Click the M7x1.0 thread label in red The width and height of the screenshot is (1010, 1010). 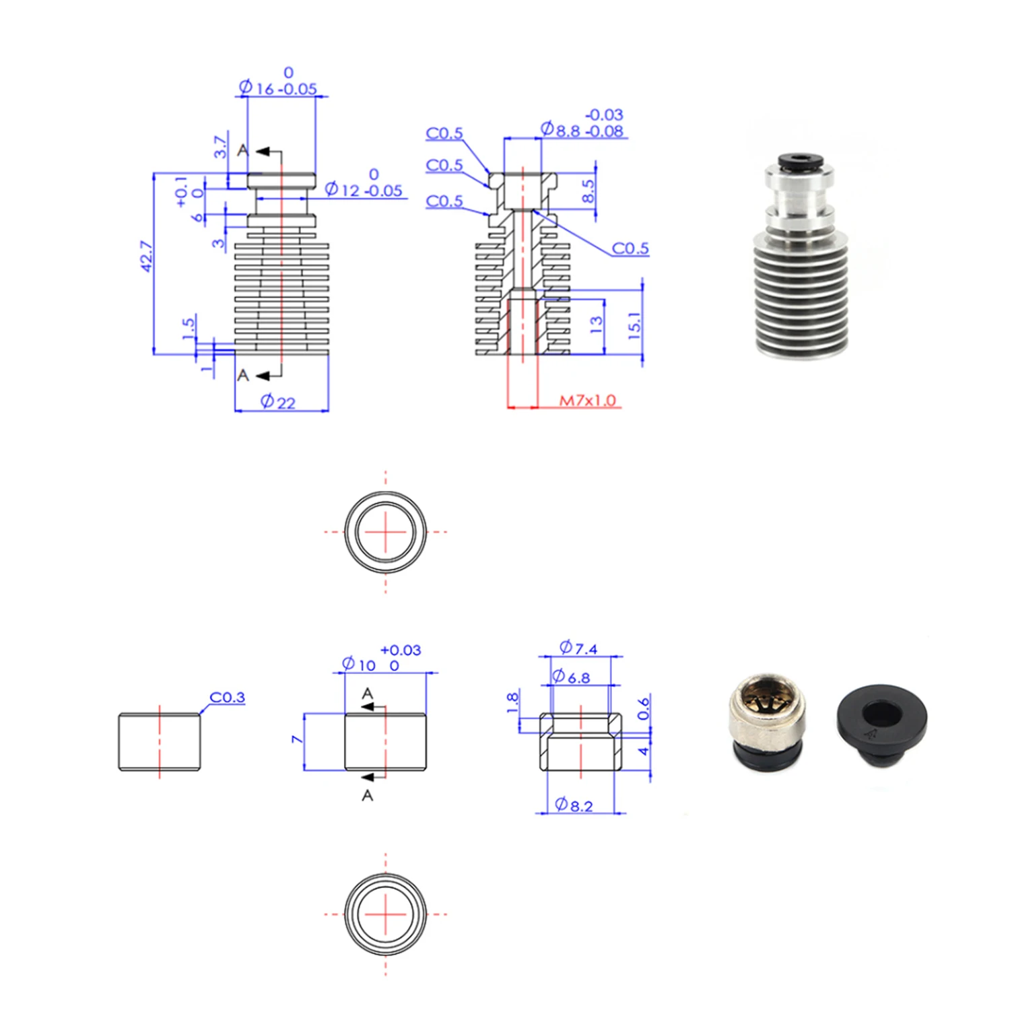click(x=587, y=401)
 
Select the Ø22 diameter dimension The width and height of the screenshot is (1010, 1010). click(x=278, y=402)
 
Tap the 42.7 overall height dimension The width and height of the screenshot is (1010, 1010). click(x=146, y=257)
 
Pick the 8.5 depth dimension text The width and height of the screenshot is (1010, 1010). click(x=588, y=191)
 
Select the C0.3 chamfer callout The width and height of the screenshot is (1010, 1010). click(x=228, y=697)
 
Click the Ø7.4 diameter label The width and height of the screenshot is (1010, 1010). click(x=578, y=648)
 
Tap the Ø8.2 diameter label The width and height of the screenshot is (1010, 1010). click(x=574, y=805)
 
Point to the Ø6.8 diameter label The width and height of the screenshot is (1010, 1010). click(x=571, y=677)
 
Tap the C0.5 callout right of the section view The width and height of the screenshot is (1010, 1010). click(x=630, y=248)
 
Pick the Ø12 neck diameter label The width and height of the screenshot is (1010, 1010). click(x=364, y=190)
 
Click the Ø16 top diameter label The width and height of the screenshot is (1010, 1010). click(x=278, y=88)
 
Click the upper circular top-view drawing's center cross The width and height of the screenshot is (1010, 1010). click(x=385, y=531)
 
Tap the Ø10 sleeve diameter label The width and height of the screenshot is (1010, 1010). click(x=359, y=665)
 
